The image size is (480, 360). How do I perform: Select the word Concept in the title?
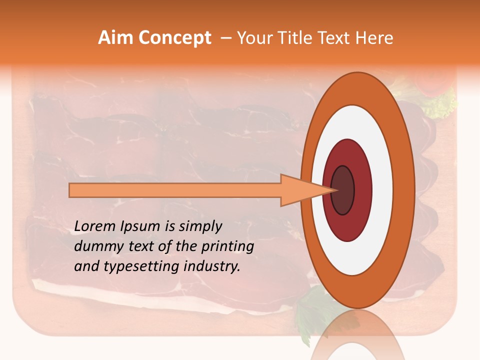(x=174, y=38)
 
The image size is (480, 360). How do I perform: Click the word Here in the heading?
(x=375, y=38)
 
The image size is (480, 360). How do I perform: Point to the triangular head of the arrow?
(x=300, y=190)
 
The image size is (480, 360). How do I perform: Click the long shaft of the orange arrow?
(x=175, y=190)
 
